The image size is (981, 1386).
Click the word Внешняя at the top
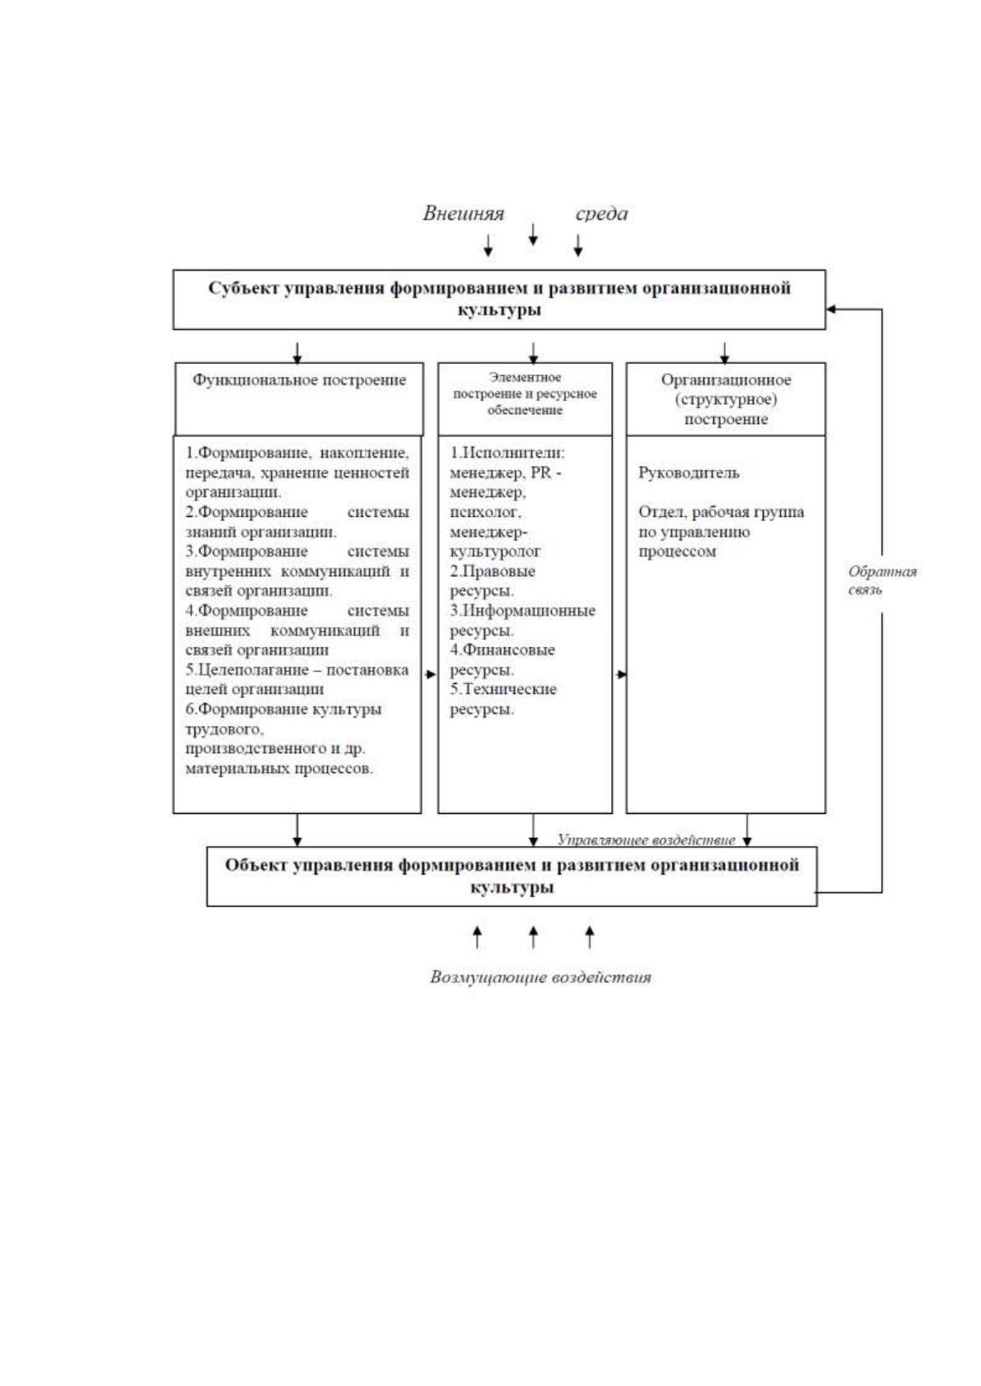[463, 213]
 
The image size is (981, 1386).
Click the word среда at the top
[601, 214]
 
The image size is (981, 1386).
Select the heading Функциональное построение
[299, 380]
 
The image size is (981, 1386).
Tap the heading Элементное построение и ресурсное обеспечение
[525, 393]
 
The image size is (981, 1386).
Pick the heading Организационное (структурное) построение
[726, 399]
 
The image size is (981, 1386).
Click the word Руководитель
[689, 473]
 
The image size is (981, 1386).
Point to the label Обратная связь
[882, 580]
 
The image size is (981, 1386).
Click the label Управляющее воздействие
[646, 840]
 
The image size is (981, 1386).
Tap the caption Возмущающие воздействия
[540, 978]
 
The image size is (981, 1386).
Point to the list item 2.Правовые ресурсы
[493, 580]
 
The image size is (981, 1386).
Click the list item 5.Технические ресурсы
[503, 700]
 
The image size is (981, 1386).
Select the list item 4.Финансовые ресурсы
[502, 659]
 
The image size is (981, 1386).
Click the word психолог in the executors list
[484, 513]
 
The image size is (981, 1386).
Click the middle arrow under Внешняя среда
[533, 234]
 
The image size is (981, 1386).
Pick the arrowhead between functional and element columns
[431, 674]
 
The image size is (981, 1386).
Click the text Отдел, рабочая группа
[722, 512]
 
